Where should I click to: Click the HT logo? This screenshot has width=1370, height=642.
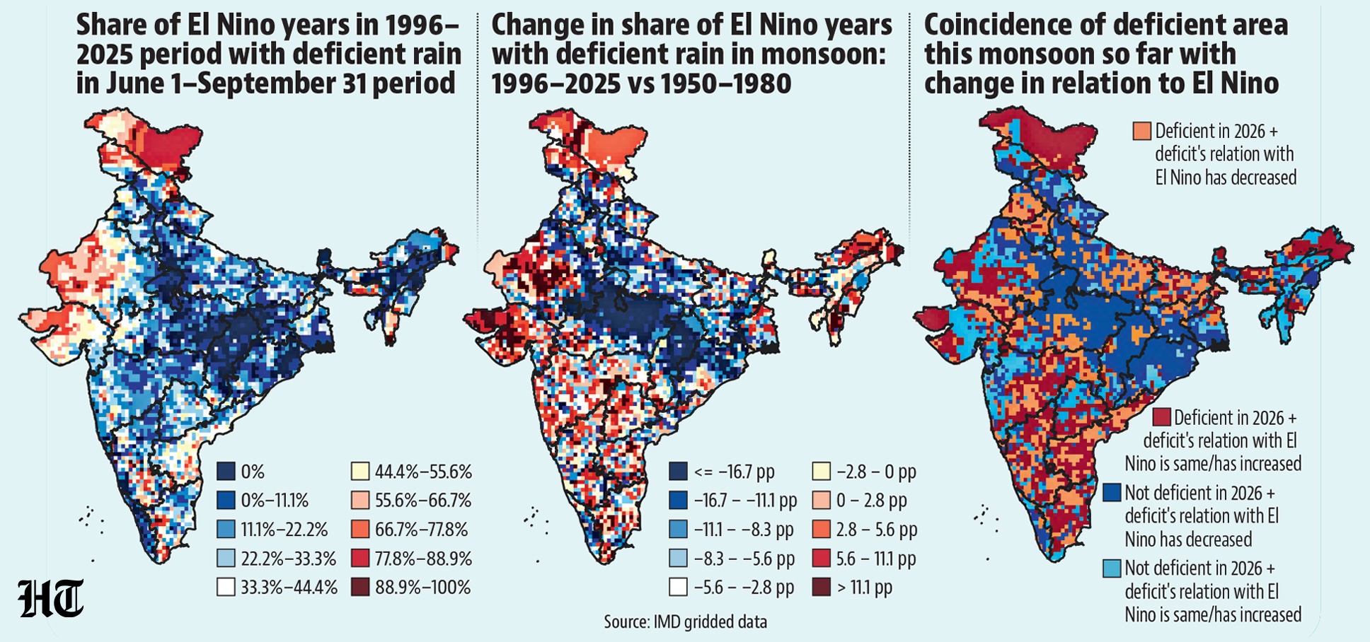pyautogui.click(x=51, y=598)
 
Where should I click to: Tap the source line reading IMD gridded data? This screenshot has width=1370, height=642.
pyautogui.click(x=685, y=622)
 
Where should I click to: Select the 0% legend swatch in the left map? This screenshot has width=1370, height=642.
pyautogui.click(x=226, y=472)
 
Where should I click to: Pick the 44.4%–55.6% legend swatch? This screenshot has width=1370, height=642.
pyautogui.click(x=360, y=472)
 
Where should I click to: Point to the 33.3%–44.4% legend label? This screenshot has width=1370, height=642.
pyautogui.click(x=289, y=588)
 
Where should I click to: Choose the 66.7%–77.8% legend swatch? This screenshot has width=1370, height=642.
pyautogui.click(x=360, y=530)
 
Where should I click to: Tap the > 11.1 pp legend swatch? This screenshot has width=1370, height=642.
pyautogui.click(x=822, y=587)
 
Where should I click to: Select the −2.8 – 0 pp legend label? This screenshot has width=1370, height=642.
pyautogui.click(x=876, y=472)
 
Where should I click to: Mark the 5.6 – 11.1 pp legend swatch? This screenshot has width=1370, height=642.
pyautogui.click(x=822, y=559)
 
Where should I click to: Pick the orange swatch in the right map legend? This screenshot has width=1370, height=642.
pyautogui.click(x=1141, y=131)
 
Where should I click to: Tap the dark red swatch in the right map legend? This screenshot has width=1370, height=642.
pyautogui.click(x=1161, y=416)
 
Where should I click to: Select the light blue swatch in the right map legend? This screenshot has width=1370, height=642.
pyautogui.click(x=1112, y=568)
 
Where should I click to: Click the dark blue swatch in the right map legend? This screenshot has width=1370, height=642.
pyautogui.click(x=1112, y=492)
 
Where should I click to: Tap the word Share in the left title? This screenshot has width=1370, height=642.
pyautogui.click(x=112, y=25)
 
